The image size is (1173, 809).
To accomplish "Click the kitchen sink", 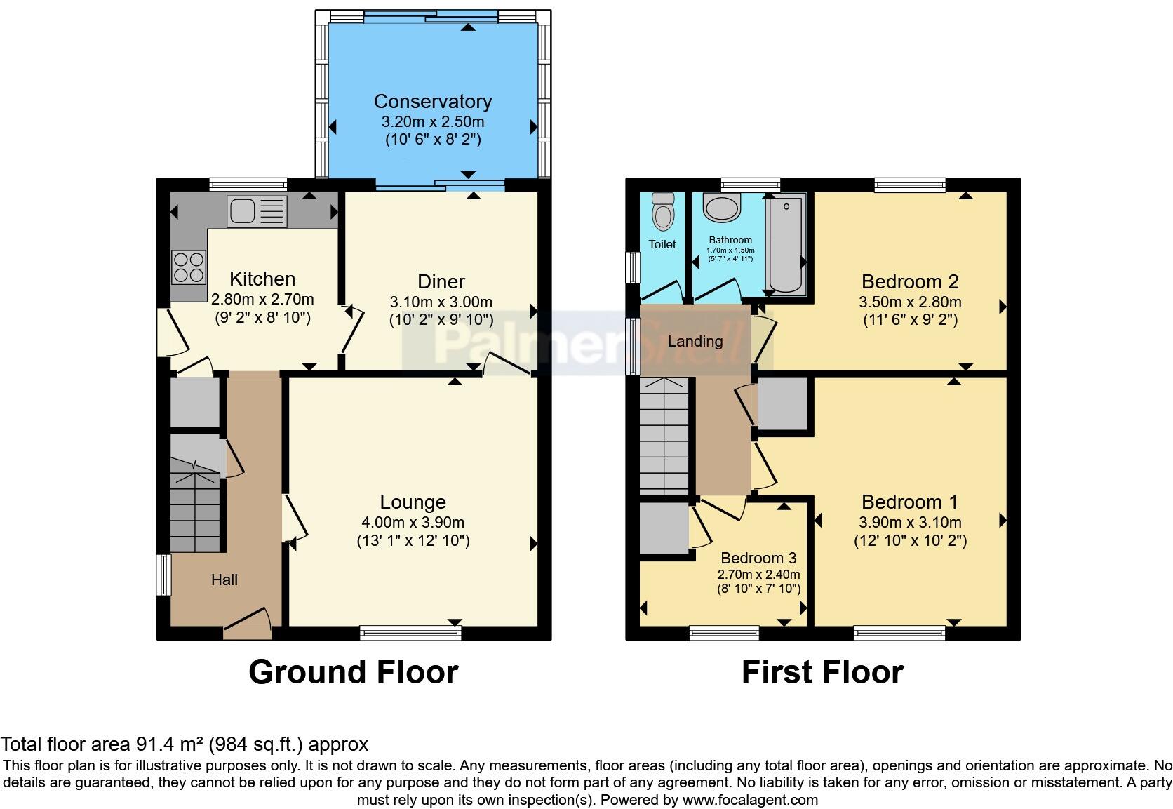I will (256, 211).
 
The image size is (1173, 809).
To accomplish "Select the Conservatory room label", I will (432, 102).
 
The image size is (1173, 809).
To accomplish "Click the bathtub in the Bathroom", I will (785, 243).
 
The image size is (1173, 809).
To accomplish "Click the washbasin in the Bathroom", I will (723, 208).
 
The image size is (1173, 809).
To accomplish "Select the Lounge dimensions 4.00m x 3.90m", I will (413, 522).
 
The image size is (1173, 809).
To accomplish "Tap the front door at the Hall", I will (247, 624).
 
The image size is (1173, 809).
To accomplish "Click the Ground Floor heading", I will (353, 671).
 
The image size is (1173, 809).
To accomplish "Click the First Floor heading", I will (822, 671).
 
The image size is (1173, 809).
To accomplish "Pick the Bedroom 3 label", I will (758, 558).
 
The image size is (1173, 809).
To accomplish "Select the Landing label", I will (695, 341).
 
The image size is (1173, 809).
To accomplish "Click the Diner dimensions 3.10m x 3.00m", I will (441, 302).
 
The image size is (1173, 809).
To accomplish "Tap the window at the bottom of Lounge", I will (410, 633).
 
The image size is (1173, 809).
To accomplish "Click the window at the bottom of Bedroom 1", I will (899, 633).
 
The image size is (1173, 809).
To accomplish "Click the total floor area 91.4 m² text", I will (185, 744).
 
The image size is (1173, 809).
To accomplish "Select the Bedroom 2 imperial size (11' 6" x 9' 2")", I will (910, 320).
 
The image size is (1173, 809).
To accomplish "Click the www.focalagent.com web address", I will (749, 799).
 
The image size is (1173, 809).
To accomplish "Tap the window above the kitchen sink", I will (248, 185).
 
